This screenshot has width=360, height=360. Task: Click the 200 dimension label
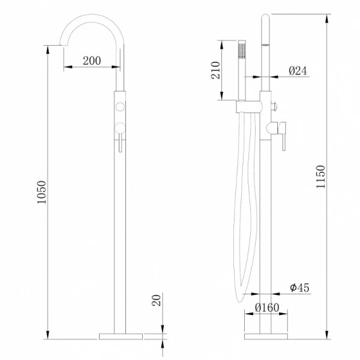tap(92, 61)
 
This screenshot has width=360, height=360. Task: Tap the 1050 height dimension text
tap(42, 192)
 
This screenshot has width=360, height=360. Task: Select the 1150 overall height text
tap(321, 177)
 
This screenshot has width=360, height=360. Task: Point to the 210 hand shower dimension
tap(215, 70)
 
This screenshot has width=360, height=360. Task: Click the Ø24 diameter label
tap(298, 71)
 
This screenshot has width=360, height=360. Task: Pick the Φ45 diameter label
tap(299, 287)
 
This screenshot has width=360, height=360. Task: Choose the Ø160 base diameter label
tap(267, 308)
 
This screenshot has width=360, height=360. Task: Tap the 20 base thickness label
tap(157, 301)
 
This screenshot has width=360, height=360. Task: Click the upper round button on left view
tap(120, 107)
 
